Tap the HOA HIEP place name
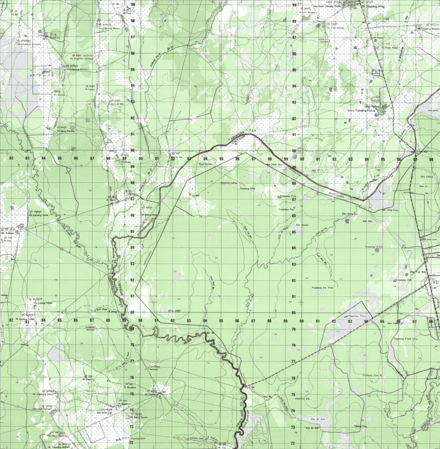click(162, 311)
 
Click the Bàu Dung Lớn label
click(350, 214)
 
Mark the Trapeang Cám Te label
click(373, 375)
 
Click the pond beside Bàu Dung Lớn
click(347, 221)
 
